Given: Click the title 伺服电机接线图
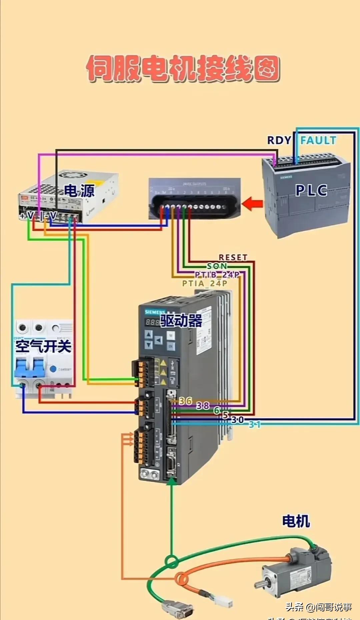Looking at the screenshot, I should click(x=183, y=68).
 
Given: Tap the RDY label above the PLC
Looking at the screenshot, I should click(x=279, y=140).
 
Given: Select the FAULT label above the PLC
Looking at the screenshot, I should click(x=318, y=140).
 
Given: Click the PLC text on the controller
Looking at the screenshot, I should click(x=311, y=190).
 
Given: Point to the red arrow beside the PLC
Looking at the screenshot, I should click(x=252, y=203).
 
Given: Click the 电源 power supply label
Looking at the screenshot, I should click(x=79, y=191).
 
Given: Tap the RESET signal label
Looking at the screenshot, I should click(x=233, y=257).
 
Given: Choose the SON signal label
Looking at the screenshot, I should click(x=217, y=266).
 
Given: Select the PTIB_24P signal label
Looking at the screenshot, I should click(x=217, y=274).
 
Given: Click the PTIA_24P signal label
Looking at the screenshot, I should click(x=205, y=283).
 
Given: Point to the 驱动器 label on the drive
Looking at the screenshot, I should click(x=181, y=321).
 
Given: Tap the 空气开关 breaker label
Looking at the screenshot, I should click(x=43, y=346).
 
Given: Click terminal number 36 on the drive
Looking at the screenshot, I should click(x=185, y=401).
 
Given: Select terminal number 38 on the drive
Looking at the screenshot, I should click(x=203, y=406).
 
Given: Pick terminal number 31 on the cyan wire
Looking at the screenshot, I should click(x=255, y=425).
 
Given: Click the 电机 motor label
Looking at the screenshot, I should click(x=296, y=521).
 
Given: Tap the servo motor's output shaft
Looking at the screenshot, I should click(x=260, y=584).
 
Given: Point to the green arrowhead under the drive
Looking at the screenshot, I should click(x=171, y=481).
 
